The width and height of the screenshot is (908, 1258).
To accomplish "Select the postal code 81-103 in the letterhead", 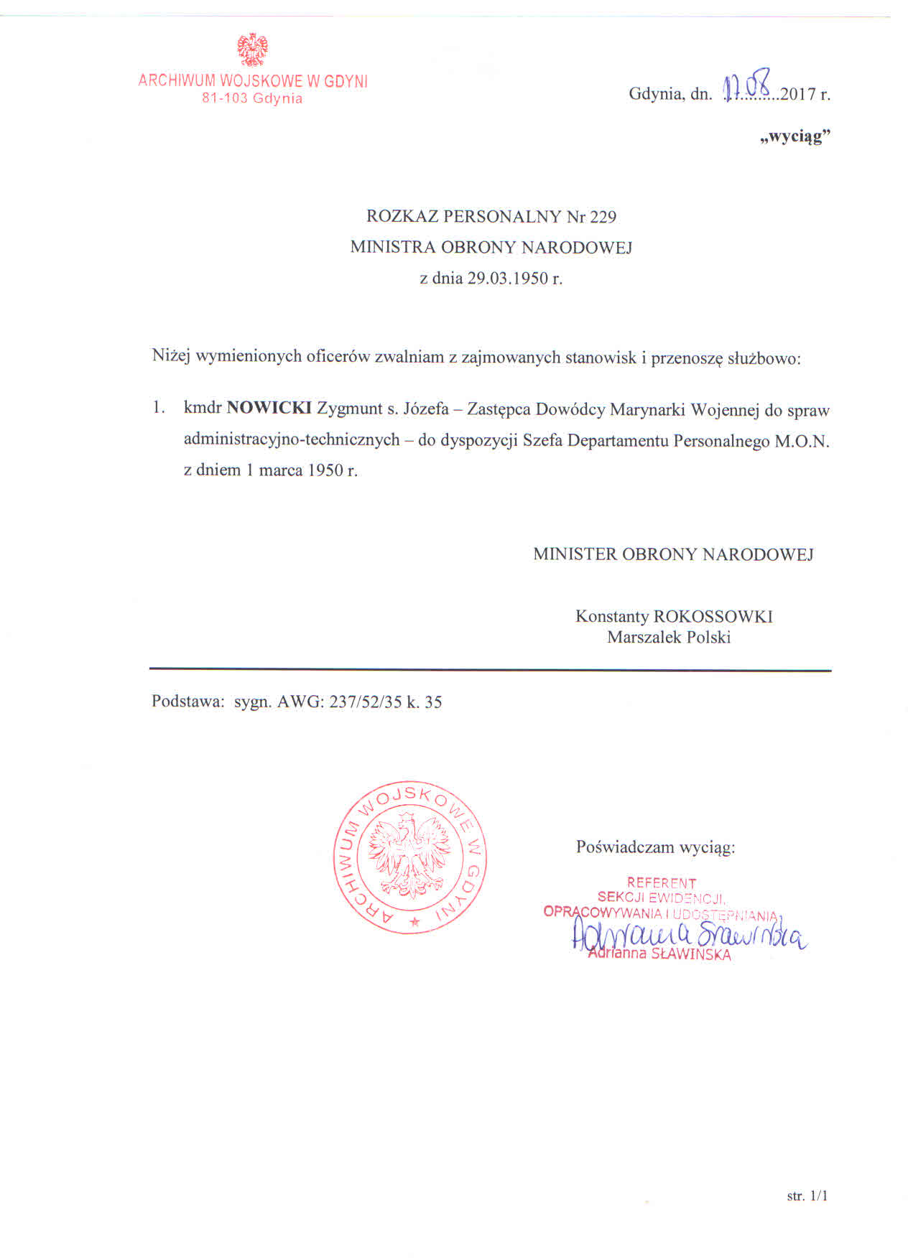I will coord(225,98).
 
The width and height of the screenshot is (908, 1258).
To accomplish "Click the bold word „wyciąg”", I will coord(795,136).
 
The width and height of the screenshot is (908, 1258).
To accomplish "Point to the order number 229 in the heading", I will coord(603,216).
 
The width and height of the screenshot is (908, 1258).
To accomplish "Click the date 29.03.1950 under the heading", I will coord(508,278).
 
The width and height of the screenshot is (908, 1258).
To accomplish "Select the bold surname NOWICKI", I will coord(269,409).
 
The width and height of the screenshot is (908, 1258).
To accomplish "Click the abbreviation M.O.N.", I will coord(802,442).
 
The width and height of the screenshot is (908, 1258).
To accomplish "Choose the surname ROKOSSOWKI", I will coord(713,616).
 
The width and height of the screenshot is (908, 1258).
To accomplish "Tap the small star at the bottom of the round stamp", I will coord(414,921).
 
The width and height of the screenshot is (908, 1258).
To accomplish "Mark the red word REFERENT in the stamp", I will coord(662,882).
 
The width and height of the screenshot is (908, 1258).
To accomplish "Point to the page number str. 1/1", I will coord(807,1196).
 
